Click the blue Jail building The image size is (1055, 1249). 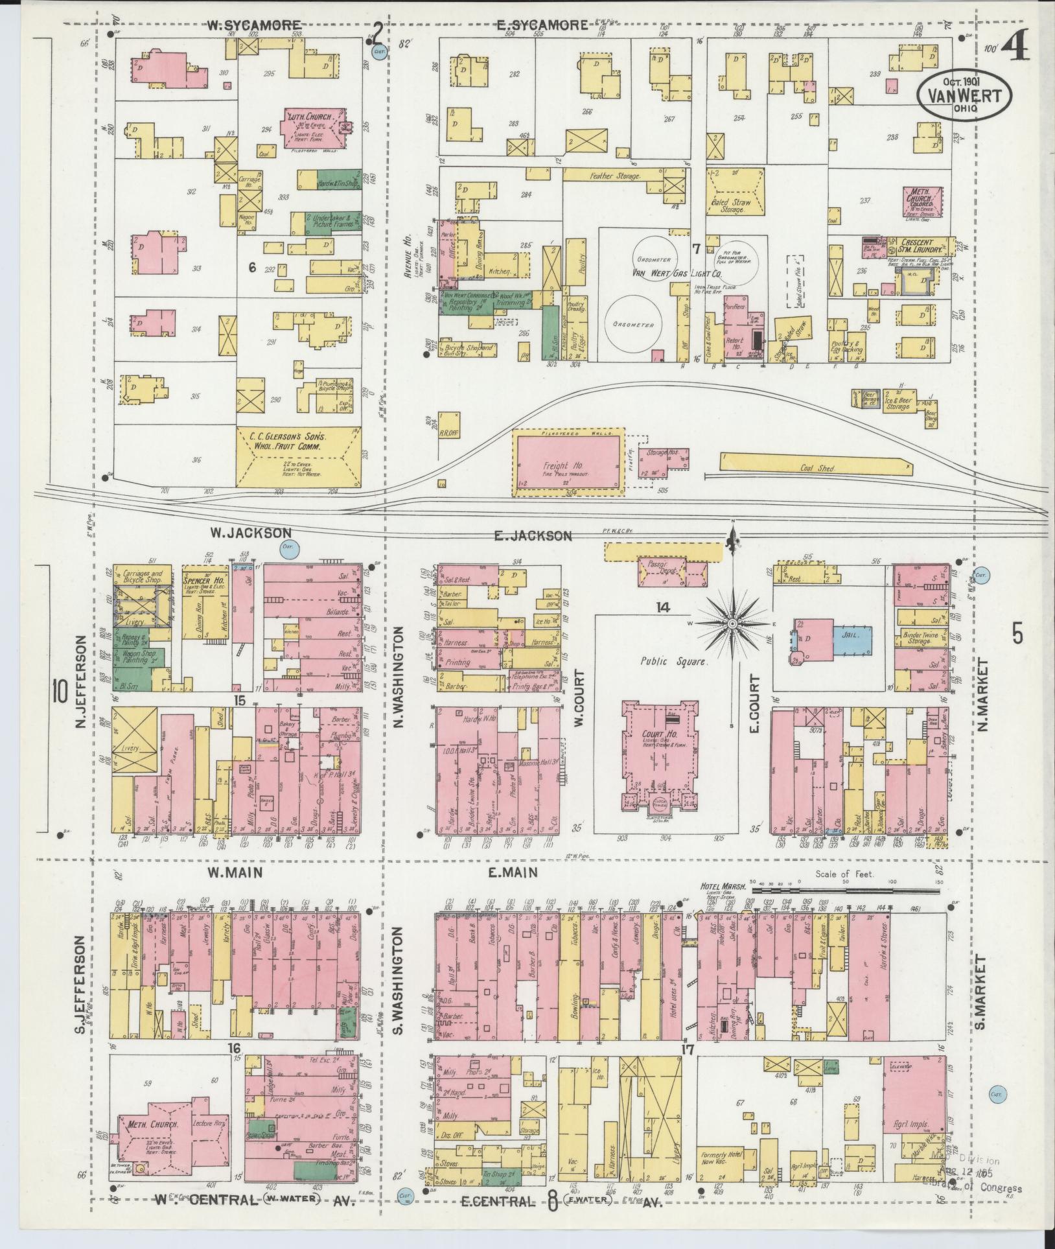pyautogui.click(x=852, y=636)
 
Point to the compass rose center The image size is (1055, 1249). pyautogui.click(x=732, y=624)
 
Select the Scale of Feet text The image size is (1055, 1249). pyautogui.click(x=845, y=874)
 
